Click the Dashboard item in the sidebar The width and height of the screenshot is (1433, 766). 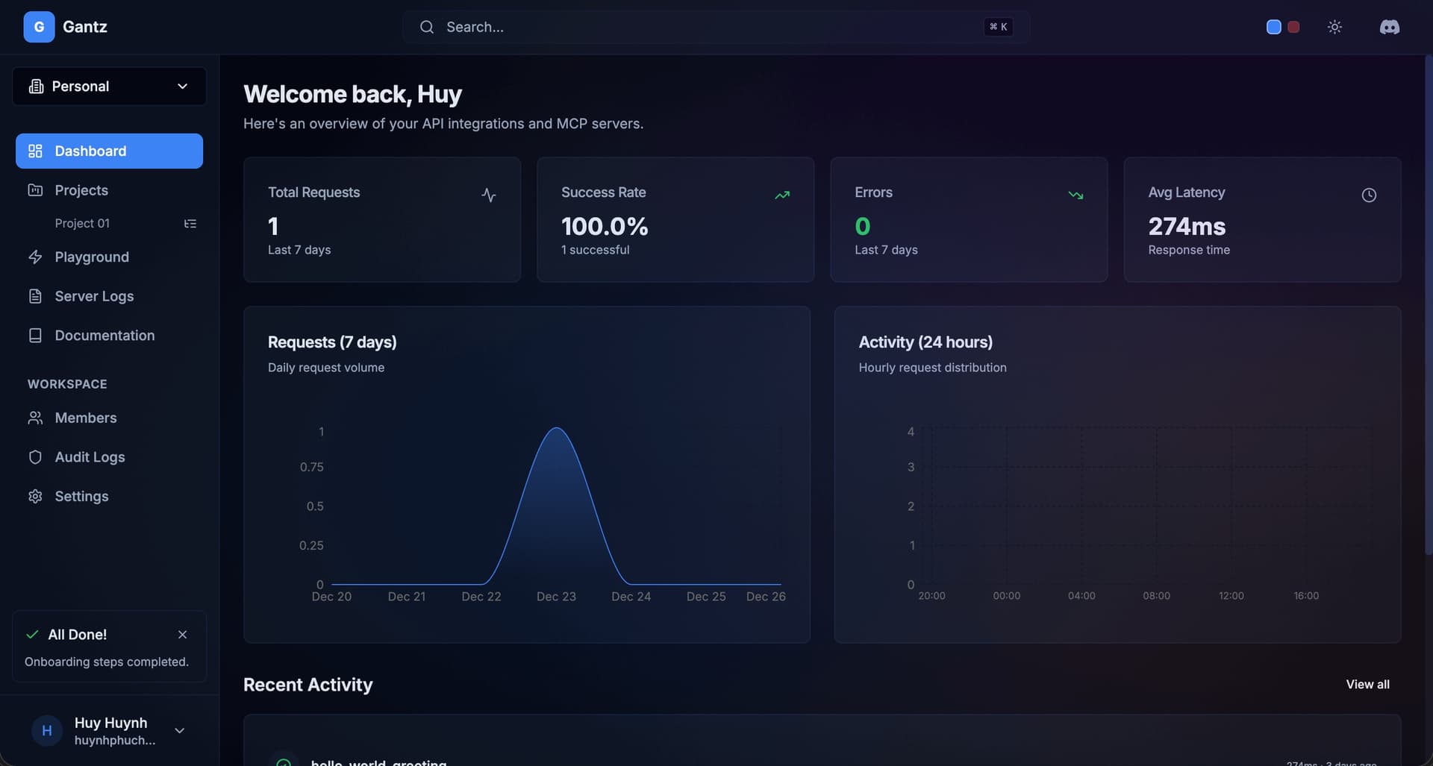[x=109, y=151]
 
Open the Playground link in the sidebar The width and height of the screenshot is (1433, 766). [x=91, y=257]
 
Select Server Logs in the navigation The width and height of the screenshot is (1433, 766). [x=94, y=296]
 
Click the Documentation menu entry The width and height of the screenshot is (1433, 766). [x=104, y=336]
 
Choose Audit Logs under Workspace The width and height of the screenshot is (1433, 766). [x=90, y=457]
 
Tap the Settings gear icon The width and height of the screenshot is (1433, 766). [x=35, y=497]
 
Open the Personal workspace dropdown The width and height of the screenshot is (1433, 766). [x=109, y=87]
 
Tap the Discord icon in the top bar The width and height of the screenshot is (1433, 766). [x=1389, y=27]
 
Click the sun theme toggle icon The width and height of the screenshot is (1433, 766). [x=1334, y=27]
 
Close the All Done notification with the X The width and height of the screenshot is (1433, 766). [x=182, y=635]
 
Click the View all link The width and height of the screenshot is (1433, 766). [x=1367, y=685]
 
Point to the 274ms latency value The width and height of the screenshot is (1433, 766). [x=1187, y=226]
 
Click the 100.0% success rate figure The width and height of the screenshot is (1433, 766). [x=605, y=226]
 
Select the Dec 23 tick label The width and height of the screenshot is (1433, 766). [x=556, y=597]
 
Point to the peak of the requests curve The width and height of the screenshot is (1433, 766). [x=557, y=428]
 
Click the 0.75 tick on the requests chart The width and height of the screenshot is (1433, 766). [x=311, y=468]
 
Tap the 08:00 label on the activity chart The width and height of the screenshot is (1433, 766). [x=1156, y=596]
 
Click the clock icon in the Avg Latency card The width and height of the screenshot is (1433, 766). [x=1369, y=195]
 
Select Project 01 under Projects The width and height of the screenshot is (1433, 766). [x=82, y=224]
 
